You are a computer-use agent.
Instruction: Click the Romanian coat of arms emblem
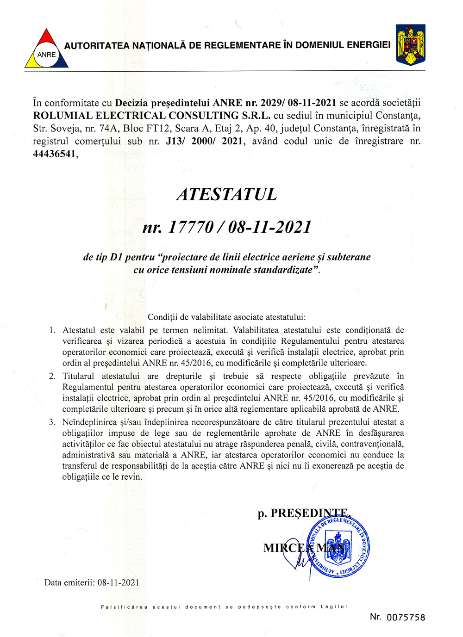click(410, 45)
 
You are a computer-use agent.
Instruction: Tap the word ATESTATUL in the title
click(226, 194)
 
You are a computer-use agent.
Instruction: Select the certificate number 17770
click(190, 227)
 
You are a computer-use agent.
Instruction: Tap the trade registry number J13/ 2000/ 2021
click(204, 141)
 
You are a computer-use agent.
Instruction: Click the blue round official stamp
click(338, 547)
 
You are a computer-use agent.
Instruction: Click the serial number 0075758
click(406, 618)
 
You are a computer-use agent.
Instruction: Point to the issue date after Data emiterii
click(118, 582)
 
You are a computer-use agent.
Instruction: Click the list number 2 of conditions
click(52, 376)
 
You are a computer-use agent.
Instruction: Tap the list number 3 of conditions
click(52, 422)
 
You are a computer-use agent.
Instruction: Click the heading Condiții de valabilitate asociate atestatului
click(226, 317)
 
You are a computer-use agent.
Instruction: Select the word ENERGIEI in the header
click(368, 45)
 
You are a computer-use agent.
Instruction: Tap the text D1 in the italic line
click(116, 257)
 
